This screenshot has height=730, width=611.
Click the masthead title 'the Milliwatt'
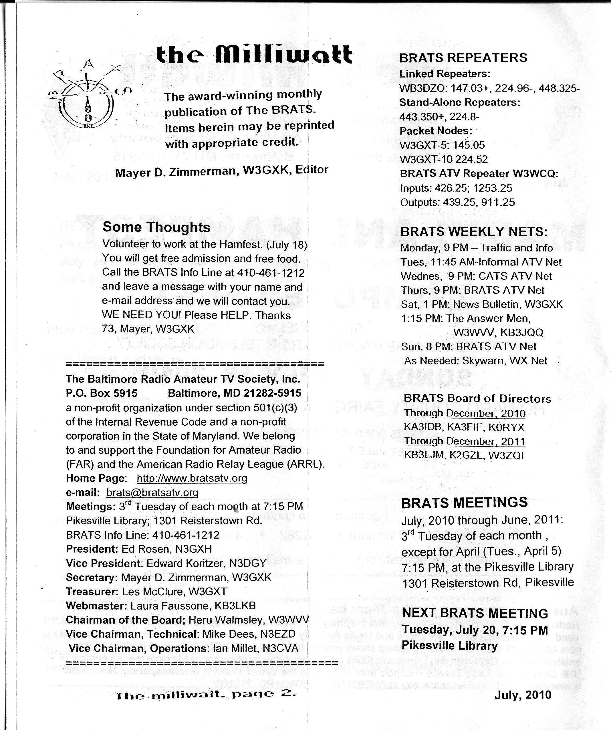point(254,55)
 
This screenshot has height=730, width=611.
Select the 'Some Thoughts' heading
point(156,227)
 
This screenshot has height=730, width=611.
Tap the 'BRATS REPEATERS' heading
point(463,57)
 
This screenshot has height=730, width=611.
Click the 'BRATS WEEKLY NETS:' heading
point(474,231)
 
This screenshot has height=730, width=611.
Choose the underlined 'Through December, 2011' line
point(464,441)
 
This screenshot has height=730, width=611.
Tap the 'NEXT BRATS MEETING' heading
point(475,613)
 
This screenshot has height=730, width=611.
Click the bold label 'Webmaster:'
point(97,606)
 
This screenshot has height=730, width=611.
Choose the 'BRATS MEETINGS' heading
point(464,502)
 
